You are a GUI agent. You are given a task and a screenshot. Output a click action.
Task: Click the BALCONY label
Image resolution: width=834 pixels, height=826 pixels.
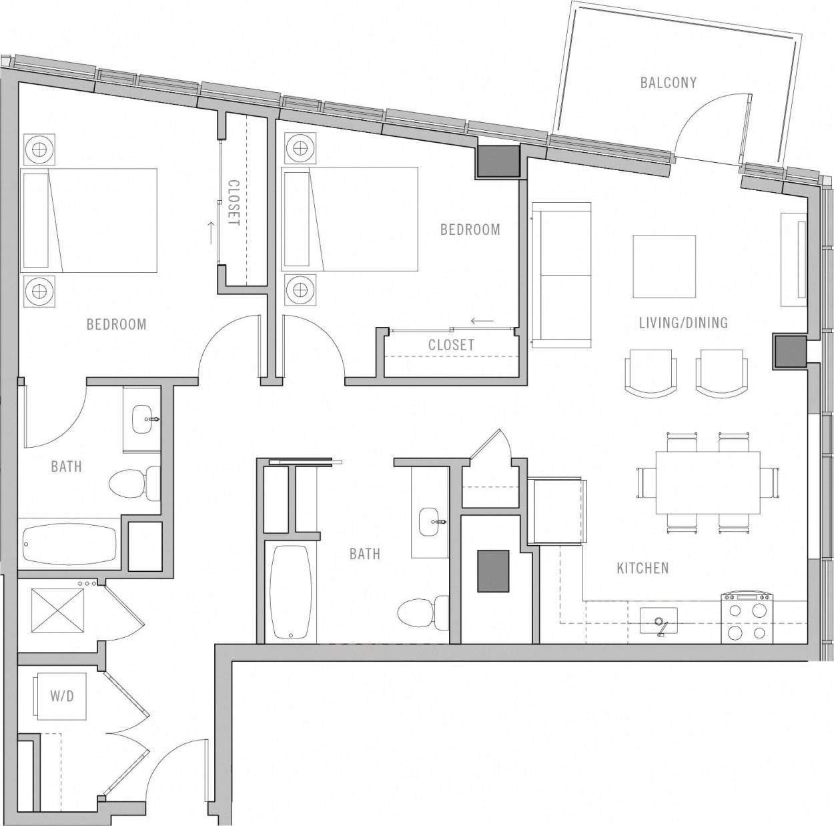pyautogui.click(x=668, y=83)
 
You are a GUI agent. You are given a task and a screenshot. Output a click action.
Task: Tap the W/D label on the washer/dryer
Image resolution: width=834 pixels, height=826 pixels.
pyautogui.click(x=61, y=697)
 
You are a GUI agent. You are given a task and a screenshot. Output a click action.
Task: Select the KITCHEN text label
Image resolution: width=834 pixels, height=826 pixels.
pyautogui.click(x=642, y=568)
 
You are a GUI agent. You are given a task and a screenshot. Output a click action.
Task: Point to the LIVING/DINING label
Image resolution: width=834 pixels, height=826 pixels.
pyautogui.click(x=683, y=323)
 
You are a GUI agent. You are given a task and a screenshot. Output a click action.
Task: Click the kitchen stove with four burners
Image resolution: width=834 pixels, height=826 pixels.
pyautogui.click(x=747, y=618)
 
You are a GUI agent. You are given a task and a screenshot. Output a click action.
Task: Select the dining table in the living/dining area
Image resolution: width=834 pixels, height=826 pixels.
pyautogui.click(x=707, y=482)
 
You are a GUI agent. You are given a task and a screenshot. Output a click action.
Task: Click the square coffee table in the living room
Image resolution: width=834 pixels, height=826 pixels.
pyautogui.click(x=664, y=266)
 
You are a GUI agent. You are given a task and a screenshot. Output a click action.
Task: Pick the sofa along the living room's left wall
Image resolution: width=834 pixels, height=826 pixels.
pyautogui.click(x=561, y=275)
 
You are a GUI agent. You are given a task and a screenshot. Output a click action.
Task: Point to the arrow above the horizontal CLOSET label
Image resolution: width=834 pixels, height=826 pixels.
pyautogui.click(x=482, y=321)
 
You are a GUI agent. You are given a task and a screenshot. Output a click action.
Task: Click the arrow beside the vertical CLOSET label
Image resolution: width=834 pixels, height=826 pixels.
pyautogui.click(x=211, y=232)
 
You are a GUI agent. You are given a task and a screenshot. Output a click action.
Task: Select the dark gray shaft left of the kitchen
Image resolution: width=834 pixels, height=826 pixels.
pyautogui.click(x=493, y=570)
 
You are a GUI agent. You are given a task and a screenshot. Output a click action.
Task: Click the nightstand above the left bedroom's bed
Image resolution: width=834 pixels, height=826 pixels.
pyautogui.click(x=39, y=149)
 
